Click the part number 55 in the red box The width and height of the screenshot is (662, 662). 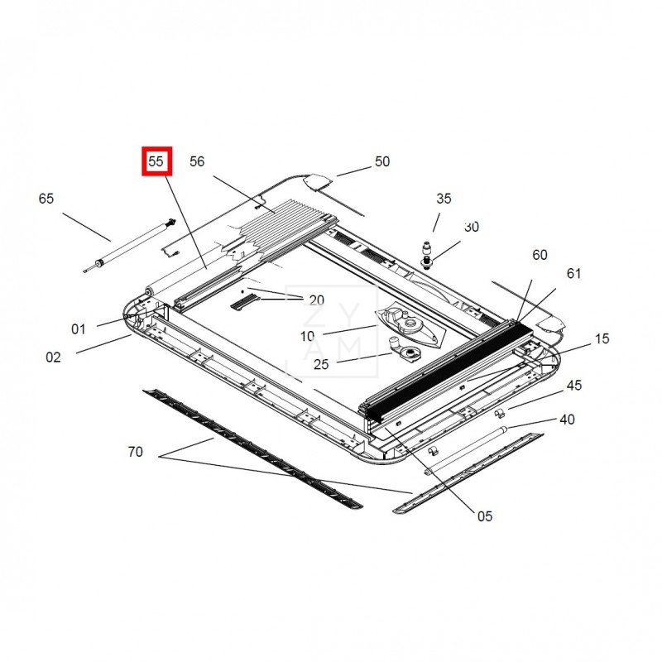click(156, 161)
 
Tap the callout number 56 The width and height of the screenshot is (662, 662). click(197, 161)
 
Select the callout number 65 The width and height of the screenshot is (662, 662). click(46, 199)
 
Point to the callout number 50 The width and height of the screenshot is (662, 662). click(382, 161)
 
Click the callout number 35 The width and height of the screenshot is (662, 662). click(444, 199)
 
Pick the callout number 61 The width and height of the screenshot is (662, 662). click(573, 274)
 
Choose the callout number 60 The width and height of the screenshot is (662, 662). click(540, 255)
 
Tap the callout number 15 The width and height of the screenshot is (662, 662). click(602, 338)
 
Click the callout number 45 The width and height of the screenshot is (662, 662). click(573, 385)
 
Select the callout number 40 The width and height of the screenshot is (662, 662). click(567, 420)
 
